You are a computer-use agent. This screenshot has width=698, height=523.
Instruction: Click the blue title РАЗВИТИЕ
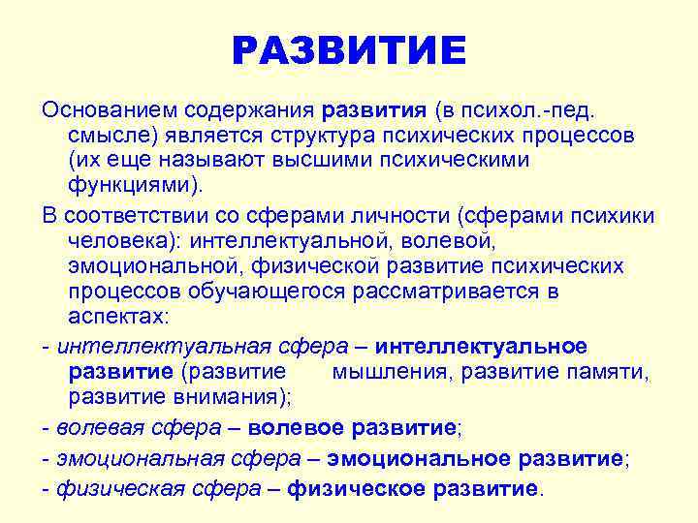click(349, 50)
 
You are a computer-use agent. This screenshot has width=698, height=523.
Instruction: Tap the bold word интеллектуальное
click(481, 347)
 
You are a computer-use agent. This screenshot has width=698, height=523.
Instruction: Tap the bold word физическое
click(355, 488)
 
